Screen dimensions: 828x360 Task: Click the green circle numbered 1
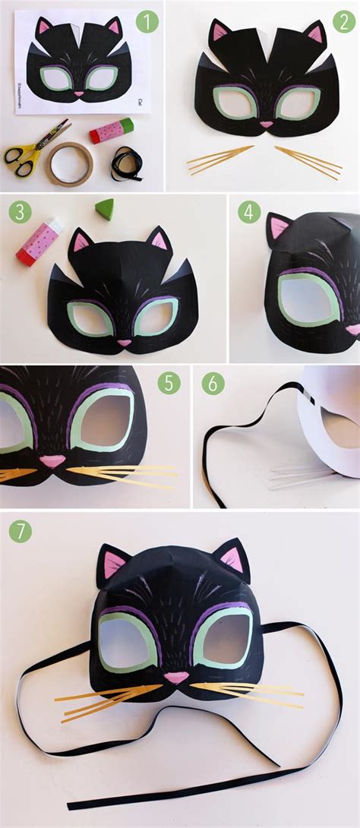point(147,22)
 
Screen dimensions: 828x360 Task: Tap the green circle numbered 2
point(343,22)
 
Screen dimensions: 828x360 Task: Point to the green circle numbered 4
point(248,211)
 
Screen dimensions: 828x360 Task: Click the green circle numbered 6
point(213,384)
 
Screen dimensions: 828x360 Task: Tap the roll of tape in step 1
point(69,163)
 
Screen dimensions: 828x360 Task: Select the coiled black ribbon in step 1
point(125,163)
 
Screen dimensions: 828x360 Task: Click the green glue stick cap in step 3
point(105,209)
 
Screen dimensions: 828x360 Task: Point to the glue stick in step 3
point(38,242)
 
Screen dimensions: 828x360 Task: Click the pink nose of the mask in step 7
point(175,677)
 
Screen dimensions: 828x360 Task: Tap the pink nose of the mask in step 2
point(267,124)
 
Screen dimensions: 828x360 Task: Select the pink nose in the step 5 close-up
point(52,461)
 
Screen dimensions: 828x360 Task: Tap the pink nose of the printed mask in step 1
point(79,93)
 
